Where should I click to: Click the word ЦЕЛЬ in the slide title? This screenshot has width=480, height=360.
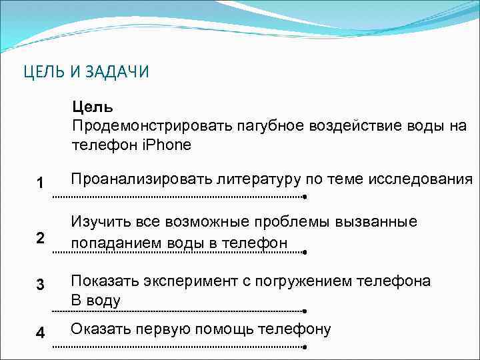(x=43, y=72)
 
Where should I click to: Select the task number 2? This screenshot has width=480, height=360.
(x=40, y=238)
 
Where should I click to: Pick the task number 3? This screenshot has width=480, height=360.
(x=41, y=285)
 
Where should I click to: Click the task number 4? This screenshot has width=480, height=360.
(x=41, y=333)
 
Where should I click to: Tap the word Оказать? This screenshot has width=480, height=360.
(x=101, y=329)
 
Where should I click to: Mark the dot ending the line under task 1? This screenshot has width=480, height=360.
(x=304, y=197)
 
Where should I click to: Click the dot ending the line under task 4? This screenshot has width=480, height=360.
(x=304, y=347)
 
